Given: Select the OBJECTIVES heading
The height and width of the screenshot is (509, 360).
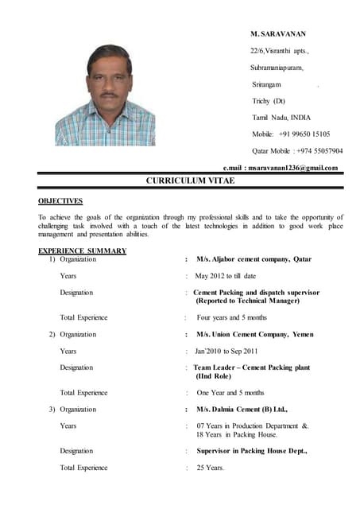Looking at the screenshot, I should (60, 201).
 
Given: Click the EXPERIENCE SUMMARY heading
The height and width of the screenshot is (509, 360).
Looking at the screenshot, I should (82, 251).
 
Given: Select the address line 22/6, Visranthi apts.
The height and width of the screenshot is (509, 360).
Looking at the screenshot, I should (280, 52).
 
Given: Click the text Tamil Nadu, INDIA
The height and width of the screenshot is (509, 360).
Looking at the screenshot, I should (281, 118).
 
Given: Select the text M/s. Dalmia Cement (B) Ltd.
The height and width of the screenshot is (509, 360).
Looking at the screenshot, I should (242, 409).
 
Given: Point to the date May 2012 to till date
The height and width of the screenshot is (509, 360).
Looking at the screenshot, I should (225, 276).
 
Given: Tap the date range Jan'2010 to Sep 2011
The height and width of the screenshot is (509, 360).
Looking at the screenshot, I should (226, 351).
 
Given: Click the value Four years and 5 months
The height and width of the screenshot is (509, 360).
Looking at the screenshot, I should (231, 317).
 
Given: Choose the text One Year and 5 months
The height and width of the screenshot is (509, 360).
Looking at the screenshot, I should (230, 392).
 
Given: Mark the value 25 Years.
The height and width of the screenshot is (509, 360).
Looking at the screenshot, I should (211, 467).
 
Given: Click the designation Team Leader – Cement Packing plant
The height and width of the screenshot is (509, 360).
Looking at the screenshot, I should (251, 367).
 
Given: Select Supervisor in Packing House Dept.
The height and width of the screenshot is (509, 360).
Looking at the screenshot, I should (251, 450).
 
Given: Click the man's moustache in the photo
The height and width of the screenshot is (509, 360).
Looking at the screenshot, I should (109, 93).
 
